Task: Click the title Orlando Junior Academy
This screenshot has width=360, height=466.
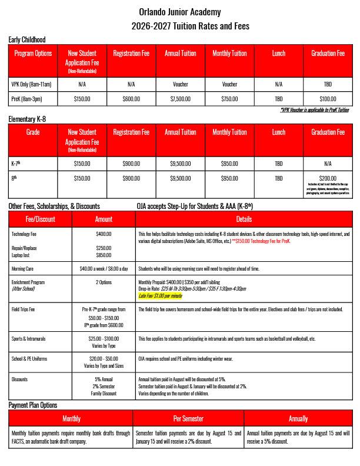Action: click(180, 12)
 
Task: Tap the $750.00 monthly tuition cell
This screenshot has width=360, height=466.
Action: click(229, 98)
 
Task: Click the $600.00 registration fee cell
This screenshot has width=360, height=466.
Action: click(131, 98)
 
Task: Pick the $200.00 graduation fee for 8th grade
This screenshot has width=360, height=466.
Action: click(328, 177)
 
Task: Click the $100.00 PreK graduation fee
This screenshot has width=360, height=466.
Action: click(328, 98)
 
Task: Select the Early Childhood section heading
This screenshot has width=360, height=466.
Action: click(27, 39)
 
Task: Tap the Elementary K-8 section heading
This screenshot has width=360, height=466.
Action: click(27, 119)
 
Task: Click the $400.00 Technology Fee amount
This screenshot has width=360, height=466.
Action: click(104, 234)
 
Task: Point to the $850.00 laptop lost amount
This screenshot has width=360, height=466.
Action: click(104, 255)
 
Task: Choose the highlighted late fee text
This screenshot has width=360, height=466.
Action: click(161, 296)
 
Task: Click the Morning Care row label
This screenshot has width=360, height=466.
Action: click(25, 268)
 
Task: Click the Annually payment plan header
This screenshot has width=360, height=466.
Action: click(298, 418)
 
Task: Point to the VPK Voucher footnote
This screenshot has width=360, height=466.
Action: click(315, 110)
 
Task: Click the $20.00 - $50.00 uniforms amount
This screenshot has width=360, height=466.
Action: click(104, 358)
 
